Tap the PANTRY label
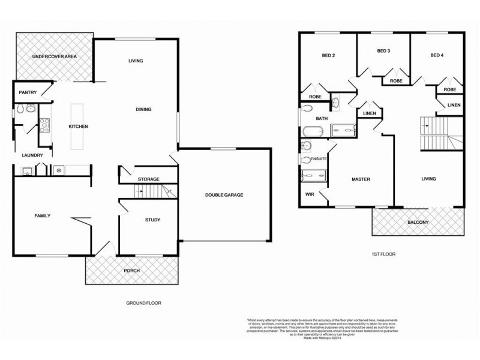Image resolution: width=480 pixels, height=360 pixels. pyautogui.click(x=28, y=92)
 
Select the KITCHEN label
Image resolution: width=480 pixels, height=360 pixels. pyautogui.click(x=79, y=127)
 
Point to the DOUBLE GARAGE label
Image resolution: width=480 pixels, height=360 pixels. pyautogui.click(x=224, y=194)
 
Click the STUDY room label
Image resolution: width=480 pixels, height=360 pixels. pyautogui.click(x=152, y=220)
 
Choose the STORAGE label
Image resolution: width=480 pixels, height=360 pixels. pyautogui.click(x=148, y=179)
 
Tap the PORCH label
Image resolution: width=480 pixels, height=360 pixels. pyautogui.click(x=131, y=271)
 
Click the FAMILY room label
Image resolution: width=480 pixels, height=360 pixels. pyautogui.click(x=42, y=215)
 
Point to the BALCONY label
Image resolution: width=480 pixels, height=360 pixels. pyautogui.click(x=418, y=221)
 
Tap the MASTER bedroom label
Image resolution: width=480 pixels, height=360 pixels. pyautogui.click(x=360, y=179)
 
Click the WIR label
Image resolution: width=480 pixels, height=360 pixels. pyautogui.click(x=310, y=194)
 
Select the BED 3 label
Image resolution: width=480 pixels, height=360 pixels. pyautogui.click(x=384, y=51)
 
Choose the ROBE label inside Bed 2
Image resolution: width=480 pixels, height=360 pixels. pyautogui.click(x=314, y=96)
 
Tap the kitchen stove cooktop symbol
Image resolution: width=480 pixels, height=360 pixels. pyautogui.click(x=45, y=125)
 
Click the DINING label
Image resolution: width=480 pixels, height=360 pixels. pyautogui.click(x=143, y=109)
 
